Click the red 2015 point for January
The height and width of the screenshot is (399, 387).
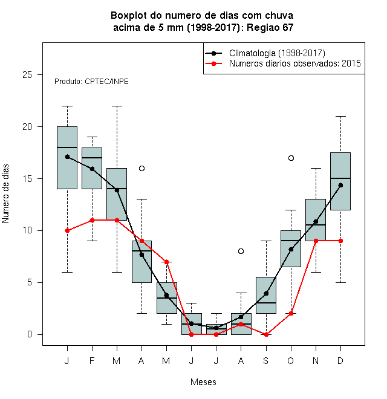click(67, 230)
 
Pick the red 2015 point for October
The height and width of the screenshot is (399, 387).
click(291, 314)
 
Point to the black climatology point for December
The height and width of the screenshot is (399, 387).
click(340, 185)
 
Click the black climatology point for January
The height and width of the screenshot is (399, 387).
click(67, 157)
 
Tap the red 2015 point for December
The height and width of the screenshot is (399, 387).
click(340, 241)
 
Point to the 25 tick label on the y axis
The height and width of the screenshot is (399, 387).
click(27, 75)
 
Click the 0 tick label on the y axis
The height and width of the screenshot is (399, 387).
click(30, 334)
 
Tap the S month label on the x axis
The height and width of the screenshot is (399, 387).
click(266, 361)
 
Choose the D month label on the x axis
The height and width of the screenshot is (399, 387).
click(340, 361)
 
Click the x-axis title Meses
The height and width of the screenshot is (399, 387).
click(203, 382)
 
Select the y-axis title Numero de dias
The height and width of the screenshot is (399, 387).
click(5, 194)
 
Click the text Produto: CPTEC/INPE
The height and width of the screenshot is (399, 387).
click(91, 82)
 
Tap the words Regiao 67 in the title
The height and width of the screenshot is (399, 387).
click(270, 27)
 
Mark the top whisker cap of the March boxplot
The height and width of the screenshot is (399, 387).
click(117, 106)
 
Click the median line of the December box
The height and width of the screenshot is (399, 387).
click(340, 178)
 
